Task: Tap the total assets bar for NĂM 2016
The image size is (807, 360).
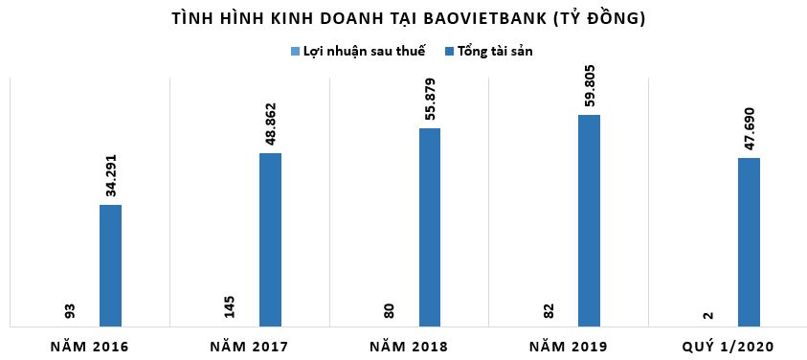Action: [x=111, y=264]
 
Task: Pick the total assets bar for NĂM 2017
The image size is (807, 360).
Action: [x=271, y=238]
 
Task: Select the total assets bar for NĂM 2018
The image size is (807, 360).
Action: [x=430, y=226]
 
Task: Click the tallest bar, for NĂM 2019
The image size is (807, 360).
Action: [x=590, y=219]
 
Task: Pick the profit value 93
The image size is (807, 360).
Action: [x=70, y=312]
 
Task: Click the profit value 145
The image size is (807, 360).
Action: [x=229, y=307]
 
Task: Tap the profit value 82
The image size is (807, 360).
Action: [x=549, y=312]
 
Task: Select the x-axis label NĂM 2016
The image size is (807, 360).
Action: [x=90, y=345]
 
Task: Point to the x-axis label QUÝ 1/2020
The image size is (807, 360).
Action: [x=729, y=345]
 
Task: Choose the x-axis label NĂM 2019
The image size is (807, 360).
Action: [x=569, y=345]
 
